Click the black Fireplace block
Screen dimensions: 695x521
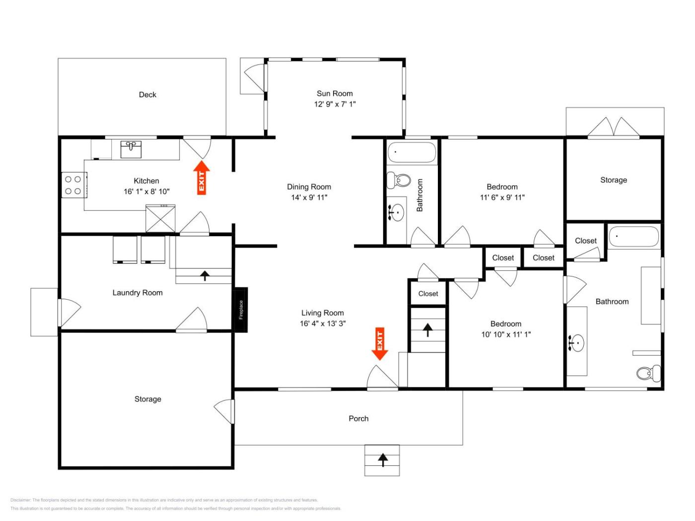coord(240,309)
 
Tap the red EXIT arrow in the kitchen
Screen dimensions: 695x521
coord(202,178)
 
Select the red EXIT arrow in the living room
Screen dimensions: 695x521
coord(380,343)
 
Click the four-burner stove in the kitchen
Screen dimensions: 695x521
coord(74,185)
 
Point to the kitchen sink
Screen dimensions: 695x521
coord(131,149)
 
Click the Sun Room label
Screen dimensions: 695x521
coord(335,94)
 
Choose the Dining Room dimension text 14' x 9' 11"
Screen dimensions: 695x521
coord(309,197)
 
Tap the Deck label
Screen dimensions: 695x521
coord(147,95)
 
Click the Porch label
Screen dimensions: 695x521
coord(358,418)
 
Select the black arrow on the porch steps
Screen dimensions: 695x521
coord(383,460)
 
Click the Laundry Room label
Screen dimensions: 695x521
coord(138,293)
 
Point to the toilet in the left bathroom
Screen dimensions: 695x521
coord(399,180)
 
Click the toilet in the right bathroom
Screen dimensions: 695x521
coord(648,374)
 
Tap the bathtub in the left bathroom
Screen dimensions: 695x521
coord(412,152)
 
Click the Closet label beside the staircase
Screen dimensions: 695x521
coord(428,294)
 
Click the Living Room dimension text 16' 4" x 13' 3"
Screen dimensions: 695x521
coord(323,324)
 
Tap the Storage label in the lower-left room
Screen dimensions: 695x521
coord(147,399)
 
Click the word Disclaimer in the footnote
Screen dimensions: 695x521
coord(20,500)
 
